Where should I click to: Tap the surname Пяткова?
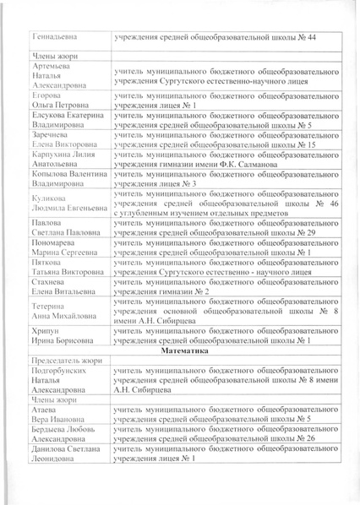tap(50, 262)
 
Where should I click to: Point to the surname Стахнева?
tap(52, 281)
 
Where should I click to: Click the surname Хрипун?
tap(47, 329)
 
